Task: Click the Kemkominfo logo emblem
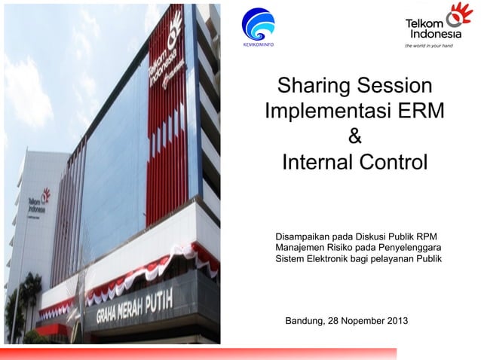click(258, 22)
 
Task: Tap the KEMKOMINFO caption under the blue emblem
click(258, 44)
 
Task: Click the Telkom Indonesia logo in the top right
click(438, 23)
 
